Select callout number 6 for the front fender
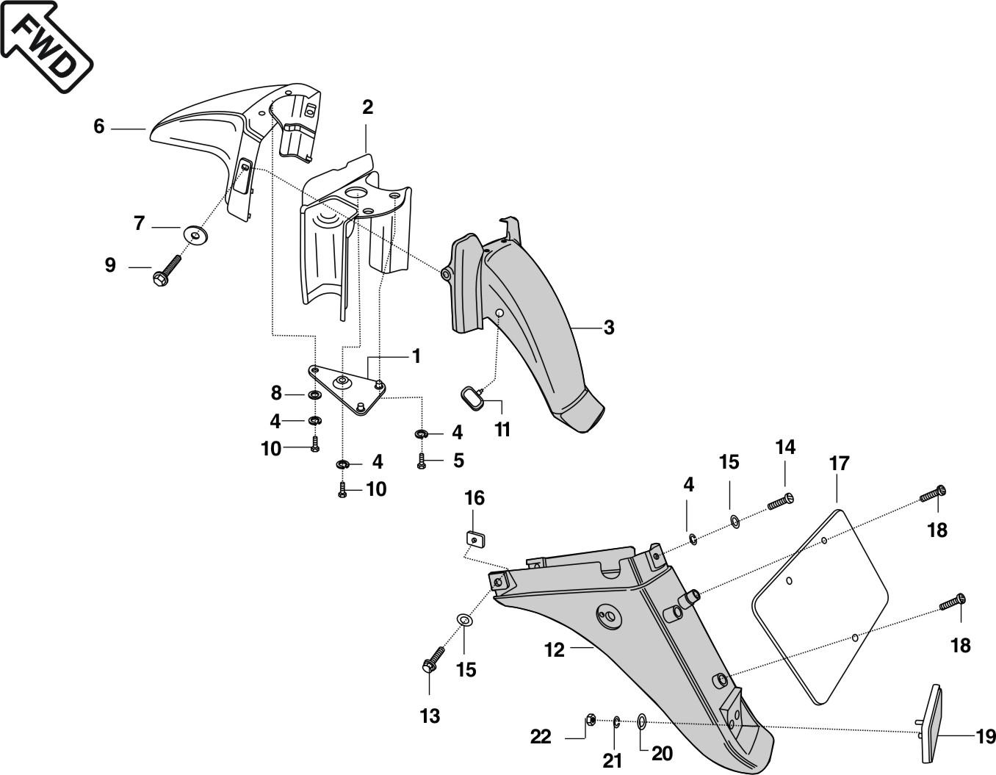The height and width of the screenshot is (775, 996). point(99,127)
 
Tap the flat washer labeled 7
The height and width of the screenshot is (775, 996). point(195,235)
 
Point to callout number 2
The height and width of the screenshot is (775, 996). point(367,107)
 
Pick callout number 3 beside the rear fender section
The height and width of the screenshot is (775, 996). point(608,328)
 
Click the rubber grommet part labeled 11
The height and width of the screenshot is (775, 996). point(470,397)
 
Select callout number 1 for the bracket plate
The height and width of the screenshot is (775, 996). point(416,357)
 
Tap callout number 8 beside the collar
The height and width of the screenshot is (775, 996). point(276,394)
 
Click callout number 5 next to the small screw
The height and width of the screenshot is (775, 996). point(458,461)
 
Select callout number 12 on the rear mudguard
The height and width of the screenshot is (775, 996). point(555,650)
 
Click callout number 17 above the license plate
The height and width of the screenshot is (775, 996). point(839,464)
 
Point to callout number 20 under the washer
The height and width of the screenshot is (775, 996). point(662,754)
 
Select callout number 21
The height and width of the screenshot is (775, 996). point(613,761)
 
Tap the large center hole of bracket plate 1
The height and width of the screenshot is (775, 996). point(342,381)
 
